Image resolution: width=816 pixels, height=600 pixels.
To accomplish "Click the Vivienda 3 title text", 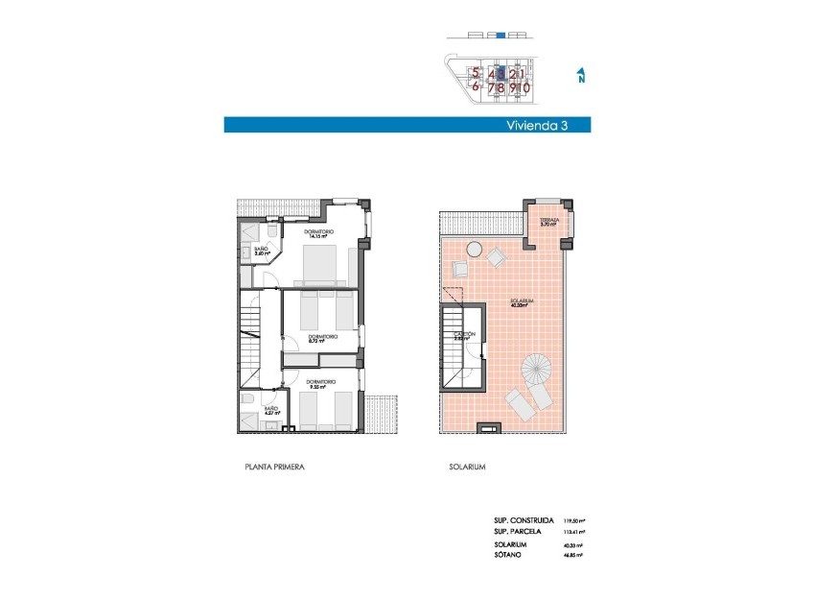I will [536, 125].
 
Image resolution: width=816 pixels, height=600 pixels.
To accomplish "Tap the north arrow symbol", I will [581, 76].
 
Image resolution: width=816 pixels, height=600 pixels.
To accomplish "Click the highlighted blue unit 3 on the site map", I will [502, 72].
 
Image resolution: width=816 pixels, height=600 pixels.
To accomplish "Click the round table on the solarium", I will [475, 250].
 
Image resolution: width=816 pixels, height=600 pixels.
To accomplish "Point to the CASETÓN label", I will [464, 335].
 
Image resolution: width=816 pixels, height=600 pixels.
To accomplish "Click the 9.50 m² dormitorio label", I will [319, 385].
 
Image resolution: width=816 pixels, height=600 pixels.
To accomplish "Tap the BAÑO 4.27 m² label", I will [272, 411].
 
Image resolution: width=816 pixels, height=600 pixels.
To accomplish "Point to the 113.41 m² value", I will [573, 531].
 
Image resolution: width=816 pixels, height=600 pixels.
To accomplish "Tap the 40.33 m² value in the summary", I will [573, 544].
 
